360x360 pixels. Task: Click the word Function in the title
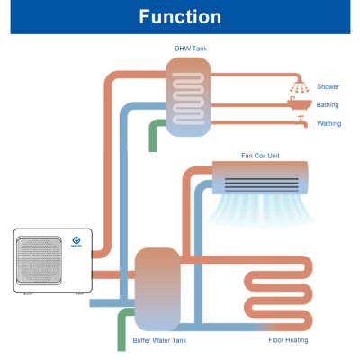[180, 17]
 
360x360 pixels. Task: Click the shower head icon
[299, 87]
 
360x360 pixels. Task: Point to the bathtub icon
[299, 105]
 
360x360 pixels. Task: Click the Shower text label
[328, 87]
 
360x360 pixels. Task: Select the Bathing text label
[328, 105]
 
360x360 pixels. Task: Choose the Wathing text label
[328, 122]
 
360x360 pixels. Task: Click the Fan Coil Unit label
[260, 155]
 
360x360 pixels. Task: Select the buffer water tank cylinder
[159, 288]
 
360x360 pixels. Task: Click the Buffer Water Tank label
[159, 341]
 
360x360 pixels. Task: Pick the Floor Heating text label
[289, 341]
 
